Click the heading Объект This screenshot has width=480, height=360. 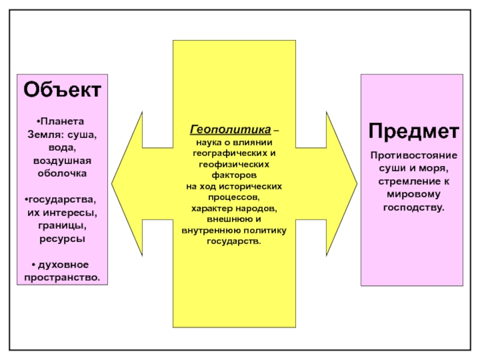pyautogui.click(x=62, y=91)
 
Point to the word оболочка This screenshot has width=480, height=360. pyautogui.click(x=62, y=173)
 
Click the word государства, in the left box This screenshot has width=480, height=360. pyautogui.click(x=64, y=199)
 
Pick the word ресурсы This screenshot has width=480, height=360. pyautogui.click(x=62, y=238)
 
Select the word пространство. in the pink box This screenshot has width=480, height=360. pyautogui.click(x=62, y=278)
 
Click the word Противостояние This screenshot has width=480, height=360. pyautogui.click(x=413, y=155)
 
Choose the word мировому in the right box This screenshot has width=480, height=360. pyautogui.click(x=413, y=194)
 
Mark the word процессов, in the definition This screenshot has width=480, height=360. pyautogui.click(x=234, y=197)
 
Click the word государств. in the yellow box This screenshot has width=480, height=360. pyautogui.click(x=234, y=241)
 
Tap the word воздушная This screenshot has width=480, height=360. pyautogui.click(x=62, y=160)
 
